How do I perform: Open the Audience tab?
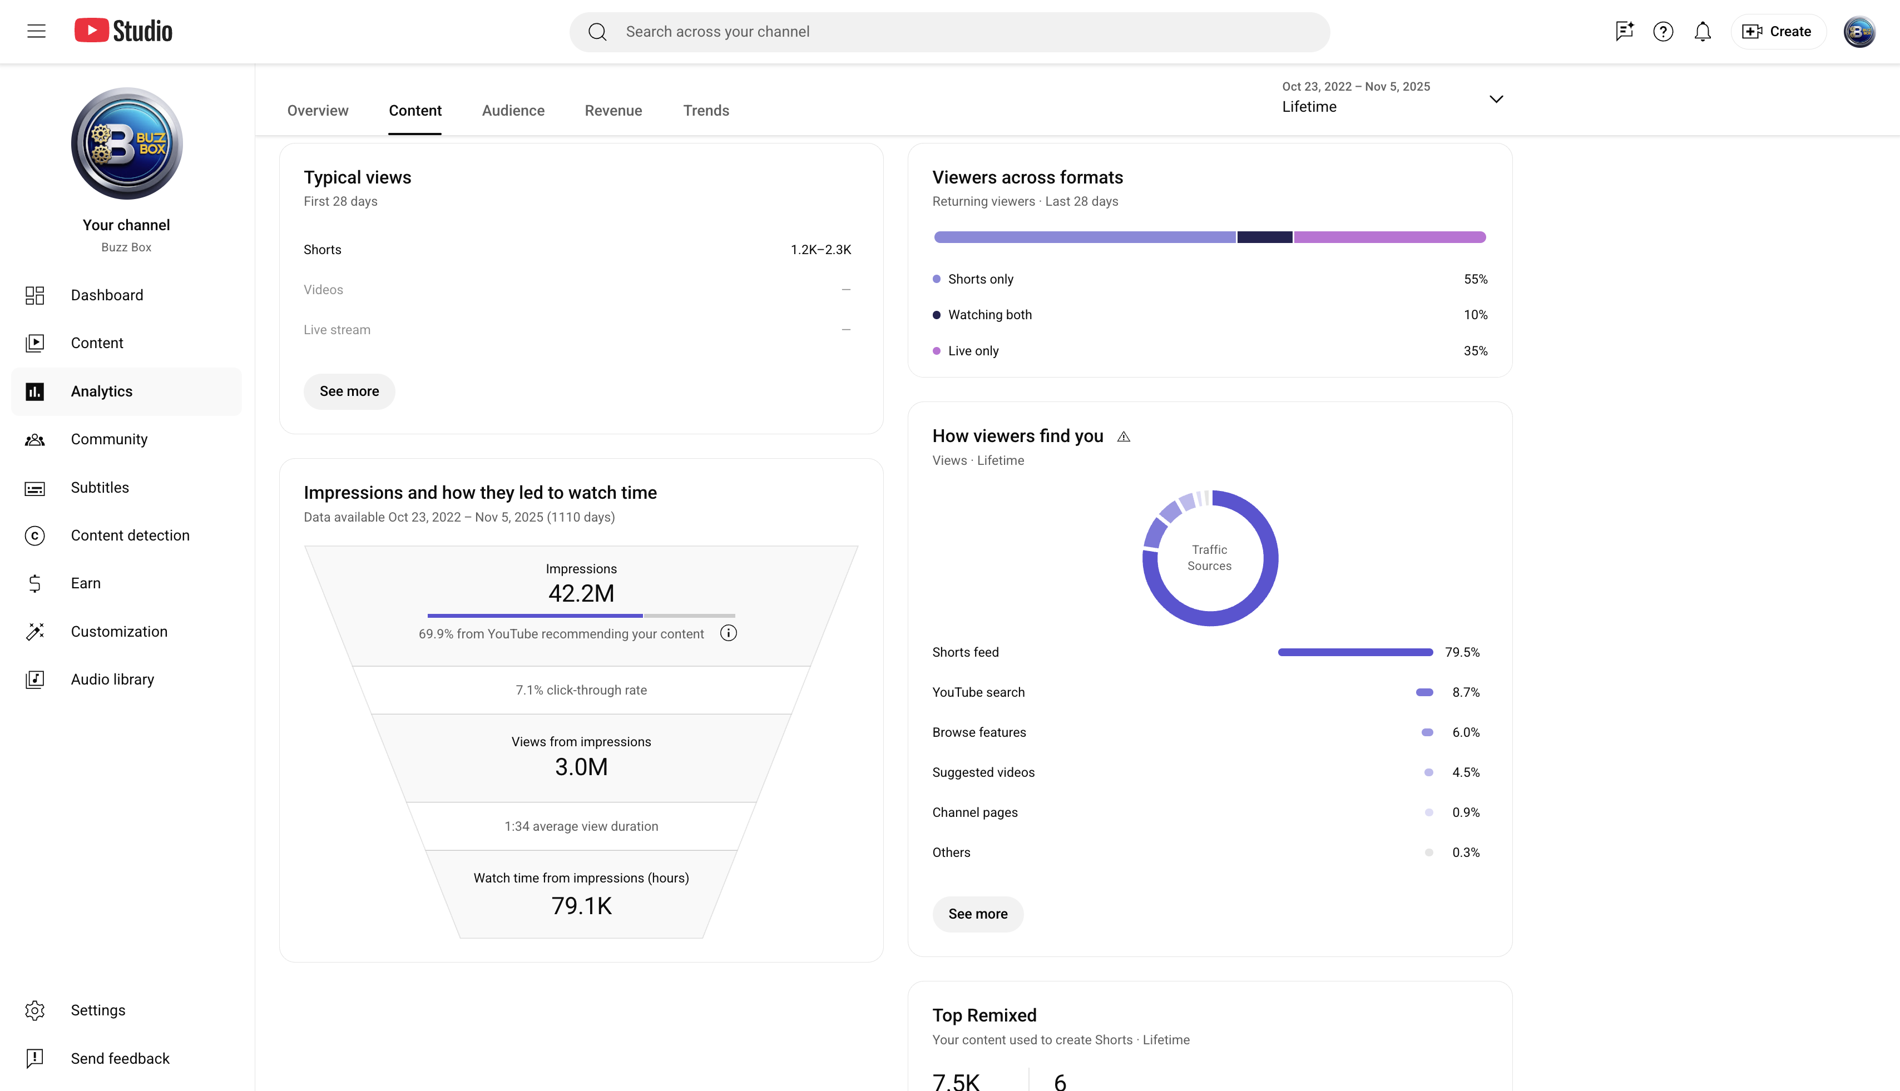(513, 110)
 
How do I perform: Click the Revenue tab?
(613, 110)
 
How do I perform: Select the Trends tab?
(706, 110)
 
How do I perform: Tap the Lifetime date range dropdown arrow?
(1496, 99)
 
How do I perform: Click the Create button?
(1778, 32)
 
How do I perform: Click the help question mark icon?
(1663, 32)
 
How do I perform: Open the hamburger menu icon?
(36, 31)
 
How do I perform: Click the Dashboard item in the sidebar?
(106, 295)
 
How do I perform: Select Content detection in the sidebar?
(130, 535)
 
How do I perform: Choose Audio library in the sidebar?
(112, 680)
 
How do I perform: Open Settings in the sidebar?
(97, 1010)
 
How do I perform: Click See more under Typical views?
(349, 391)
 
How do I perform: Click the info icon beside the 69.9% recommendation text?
(729, 634)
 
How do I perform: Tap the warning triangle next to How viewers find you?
(1124, 437)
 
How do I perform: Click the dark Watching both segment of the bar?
(1264, 237)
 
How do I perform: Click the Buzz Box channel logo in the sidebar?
(127, 143)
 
